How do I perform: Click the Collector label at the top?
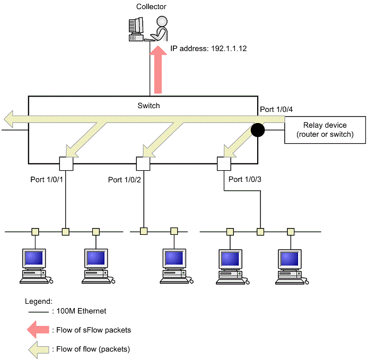[151, 7]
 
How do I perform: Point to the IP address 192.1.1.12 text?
[208, 48]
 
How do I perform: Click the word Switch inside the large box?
[148, 106]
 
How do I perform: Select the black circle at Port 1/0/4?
[258, 129]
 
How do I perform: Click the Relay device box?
[326, 130]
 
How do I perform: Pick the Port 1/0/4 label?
[276, 109]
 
